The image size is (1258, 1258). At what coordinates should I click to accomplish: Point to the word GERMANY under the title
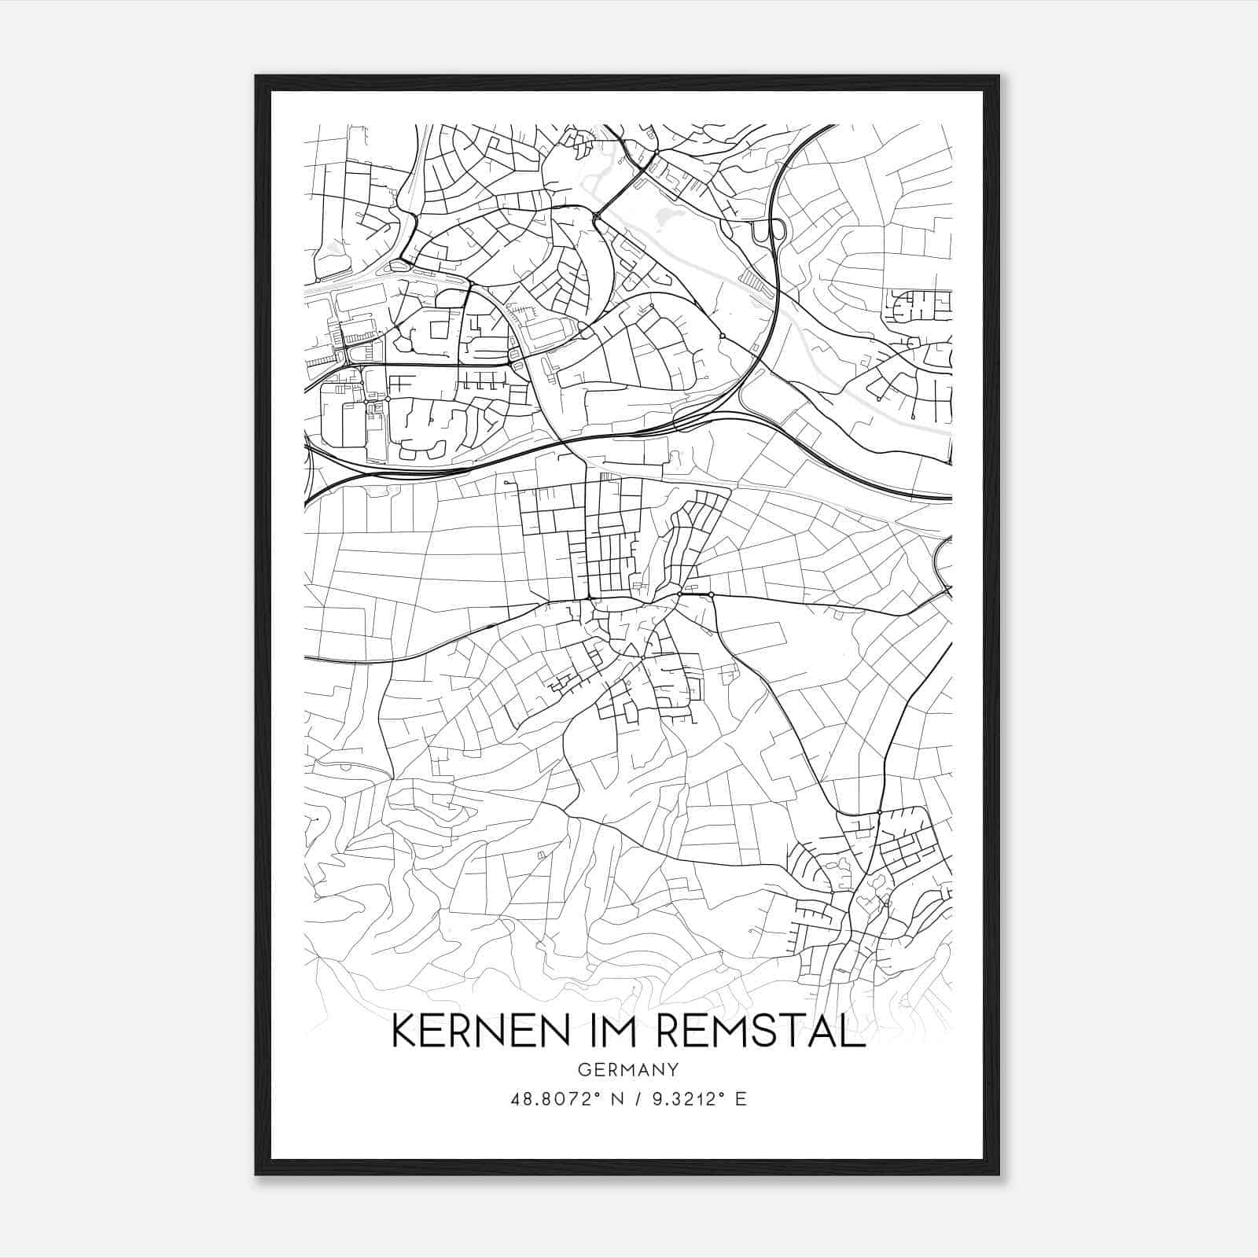coord(627,1069)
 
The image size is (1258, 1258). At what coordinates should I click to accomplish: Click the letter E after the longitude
coord(741,1099)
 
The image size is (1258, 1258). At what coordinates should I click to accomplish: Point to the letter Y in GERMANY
coord(673,1069)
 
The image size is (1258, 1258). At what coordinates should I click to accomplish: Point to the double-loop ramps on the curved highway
coord(769,231)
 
